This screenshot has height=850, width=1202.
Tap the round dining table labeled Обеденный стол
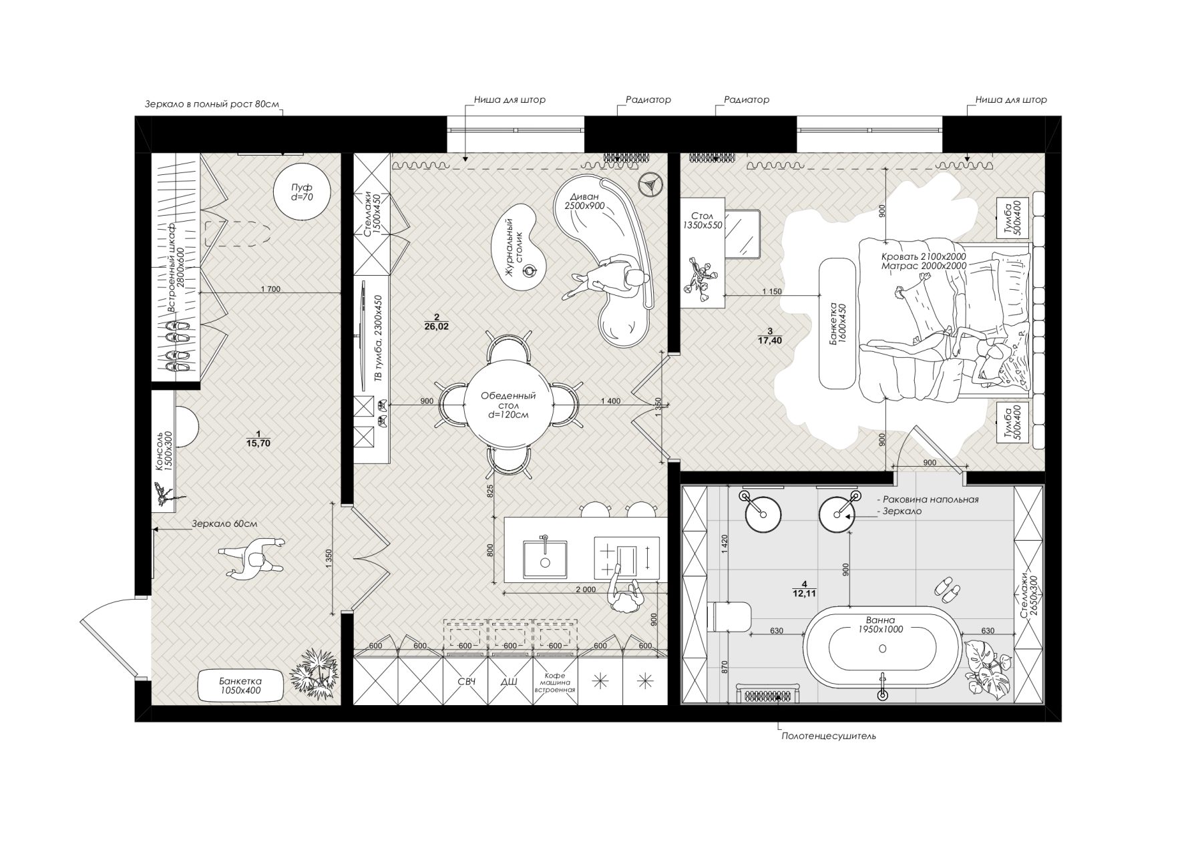coord(508,405)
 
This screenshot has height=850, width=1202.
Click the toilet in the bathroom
coord(730,616)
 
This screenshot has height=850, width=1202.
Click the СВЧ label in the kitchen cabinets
coord(466,682)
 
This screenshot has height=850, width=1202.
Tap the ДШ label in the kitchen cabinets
coord(510,682)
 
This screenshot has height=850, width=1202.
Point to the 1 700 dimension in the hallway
coord(270,289)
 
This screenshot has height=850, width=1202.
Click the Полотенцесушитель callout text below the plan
coord(828,736)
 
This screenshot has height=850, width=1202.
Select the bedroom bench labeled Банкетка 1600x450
coord(837,324)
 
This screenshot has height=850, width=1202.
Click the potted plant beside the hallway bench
coord(313,672)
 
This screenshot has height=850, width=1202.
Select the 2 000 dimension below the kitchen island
coord(585,590)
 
